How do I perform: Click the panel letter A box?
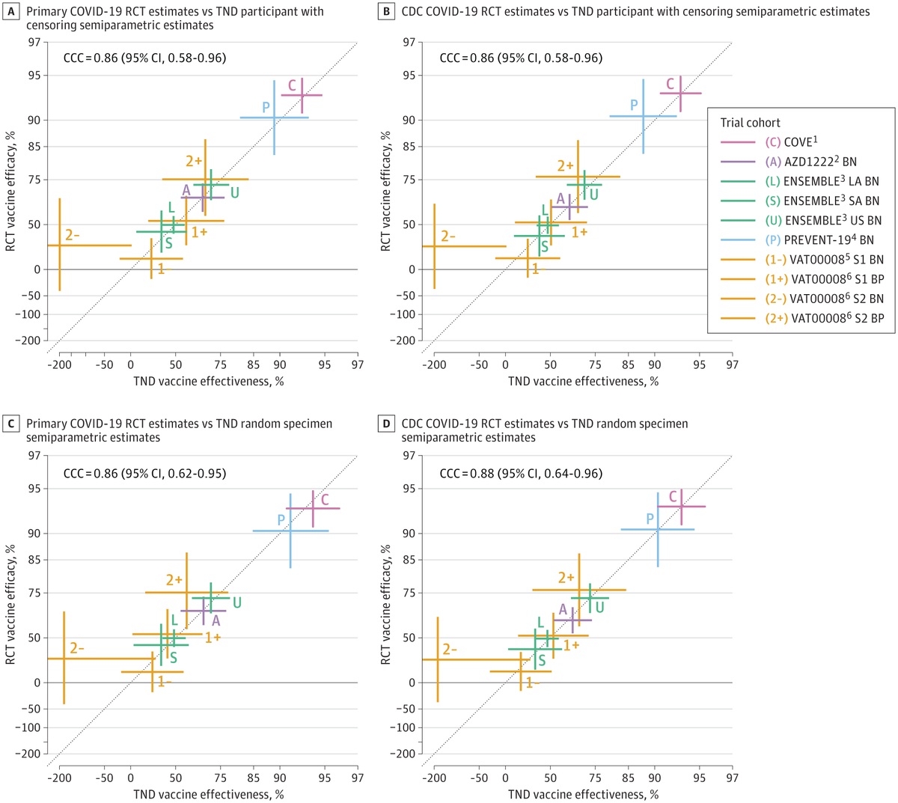tap(12, 12)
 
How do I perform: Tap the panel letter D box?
tap(386, 424)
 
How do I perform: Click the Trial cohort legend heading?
tap(750, 123)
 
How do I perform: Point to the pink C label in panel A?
tap(292, 86)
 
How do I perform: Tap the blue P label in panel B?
tap(634, 105)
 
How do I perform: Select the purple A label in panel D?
tap(563, 610)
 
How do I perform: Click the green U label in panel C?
tap(236, 602)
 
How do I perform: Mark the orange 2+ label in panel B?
tap(565, 166)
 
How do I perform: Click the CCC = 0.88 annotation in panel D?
tap(520, 474)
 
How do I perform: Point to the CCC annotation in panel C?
tap(144, 474)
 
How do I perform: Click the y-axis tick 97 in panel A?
tap(34, 42)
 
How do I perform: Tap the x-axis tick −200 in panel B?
tap(433, 365)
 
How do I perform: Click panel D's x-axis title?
tap(583, 794)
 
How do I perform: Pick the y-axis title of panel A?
tap(10, 192)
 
